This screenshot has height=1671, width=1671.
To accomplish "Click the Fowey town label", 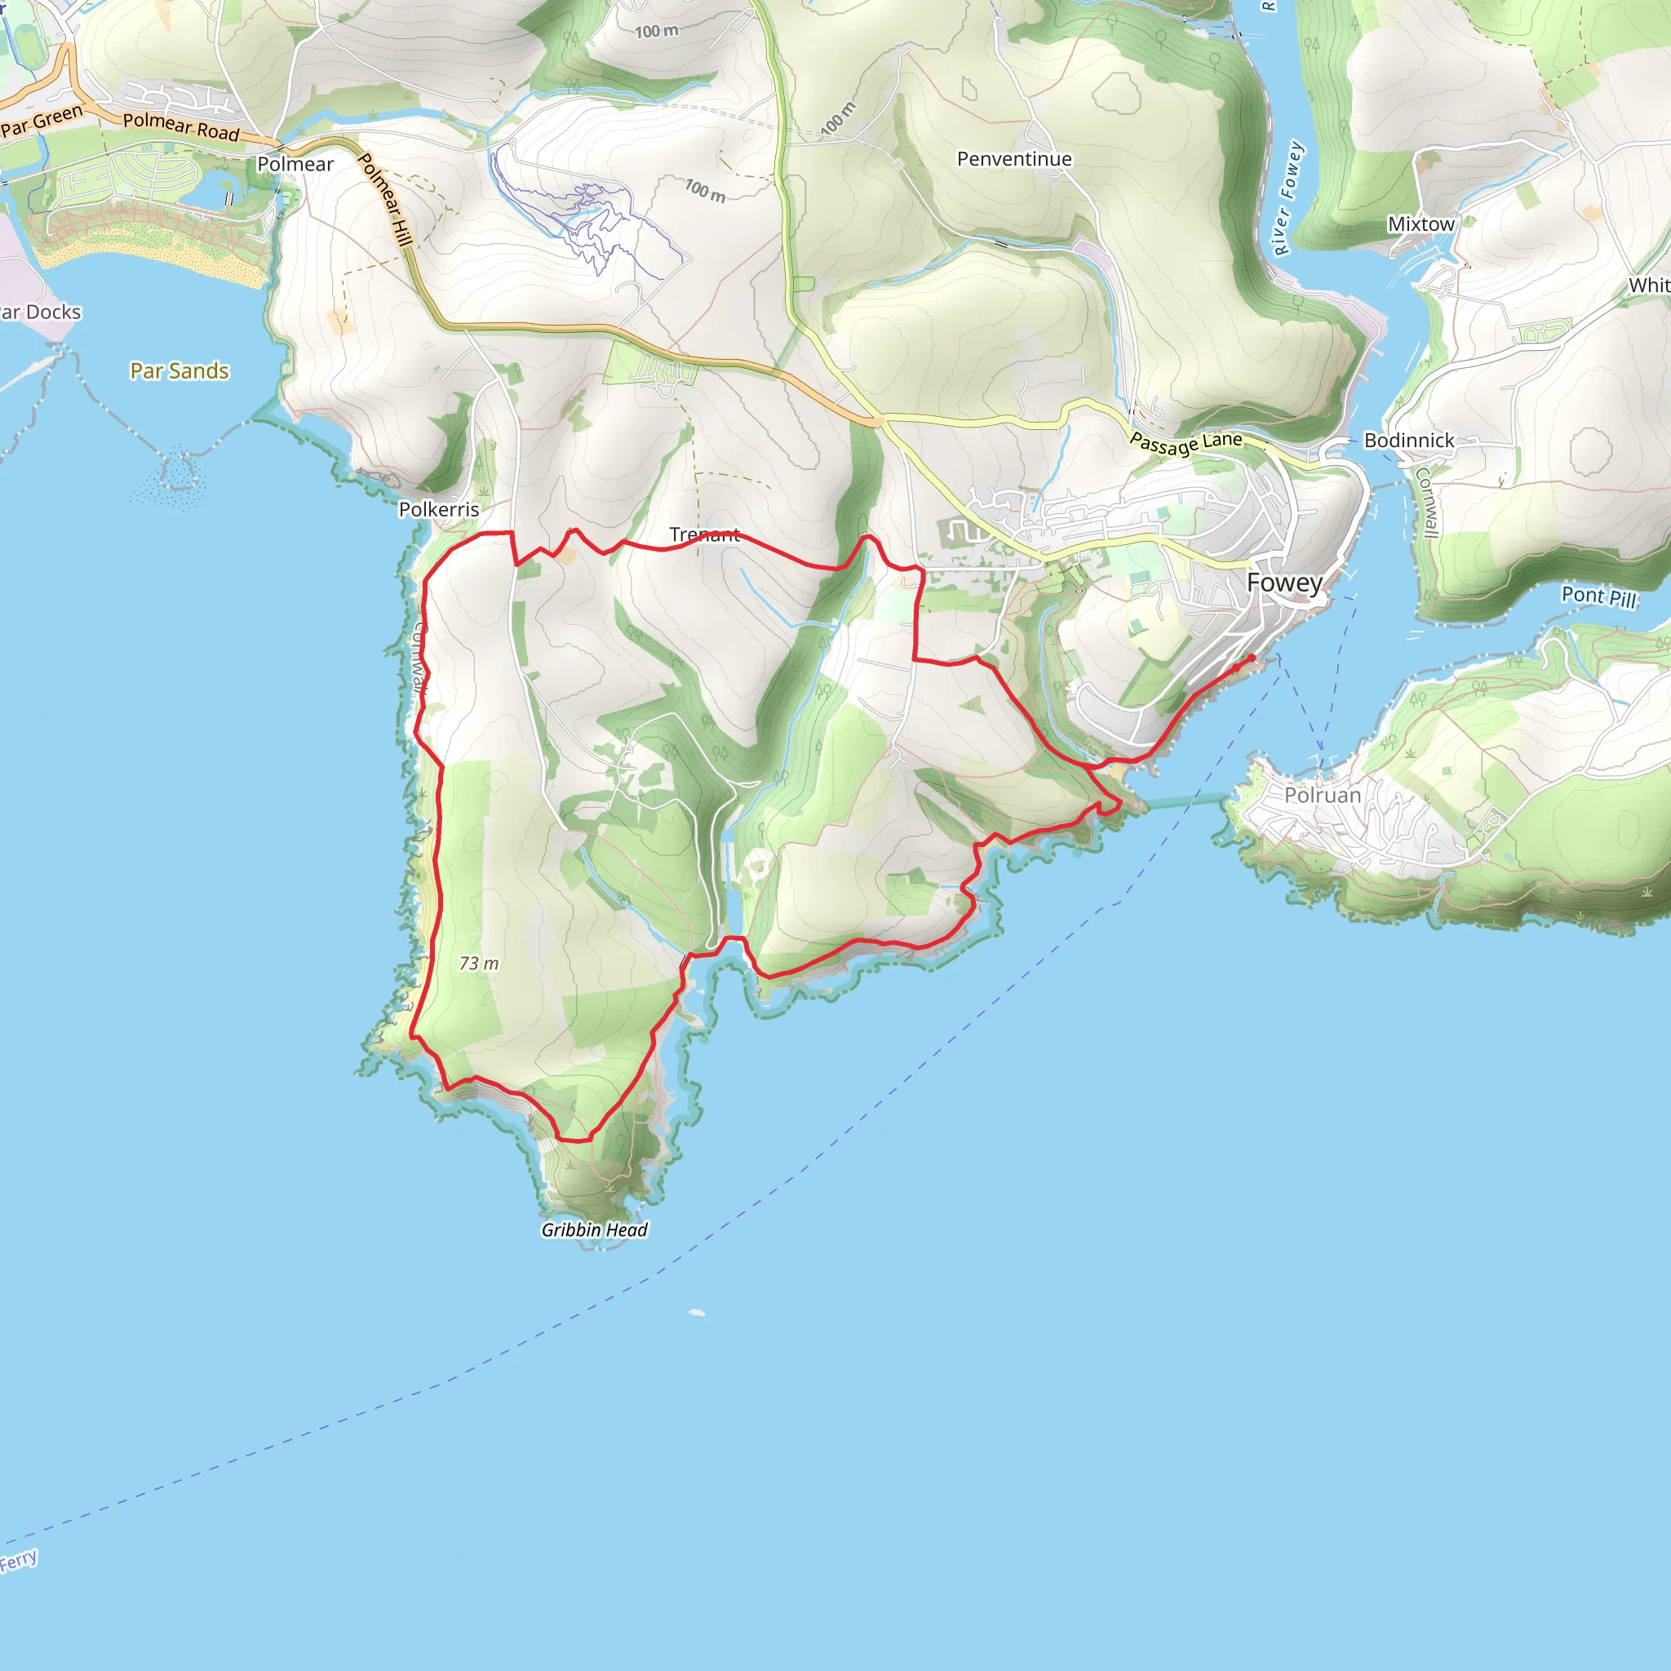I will (1284, 583).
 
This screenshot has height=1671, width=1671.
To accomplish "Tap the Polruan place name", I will (1323, 795).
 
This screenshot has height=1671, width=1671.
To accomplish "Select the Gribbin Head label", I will (594, 1230).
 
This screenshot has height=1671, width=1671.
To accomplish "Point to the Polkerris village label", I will (438, 509).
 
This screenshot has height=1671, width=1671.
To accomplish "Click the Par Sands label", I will (179, 371).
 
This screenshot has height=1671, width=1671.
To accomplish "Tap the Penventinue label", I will (1013, 159).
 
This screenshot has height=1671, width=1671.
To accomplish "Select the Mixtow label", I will (1421, 224).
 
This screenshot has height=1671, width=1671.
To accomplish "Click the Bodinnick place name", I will (1409, 441).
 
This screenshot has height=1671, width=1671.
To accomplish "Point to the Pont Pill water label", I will (1598, 596).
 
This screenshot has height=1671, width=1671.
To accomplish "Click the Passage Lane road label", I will (1186, 443).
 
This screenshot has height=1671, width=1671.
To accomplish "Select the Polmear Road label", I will (181, 126).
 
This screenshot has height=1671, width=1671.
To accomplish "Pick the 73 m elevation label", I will (478, 964).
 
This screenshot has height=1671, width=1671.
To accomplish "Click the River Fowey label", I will (1288, 198).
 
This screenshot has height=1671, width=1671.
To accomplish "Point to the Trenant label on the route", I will (704, 534).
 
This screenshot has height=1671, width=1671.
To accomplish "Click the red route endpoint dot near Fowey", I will (1252, 658).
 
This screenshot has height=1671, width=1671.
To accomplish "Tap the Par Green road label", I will (42, 121).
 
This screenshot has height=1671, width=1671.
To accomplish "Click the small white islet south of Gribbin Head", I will (697, 1313).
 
